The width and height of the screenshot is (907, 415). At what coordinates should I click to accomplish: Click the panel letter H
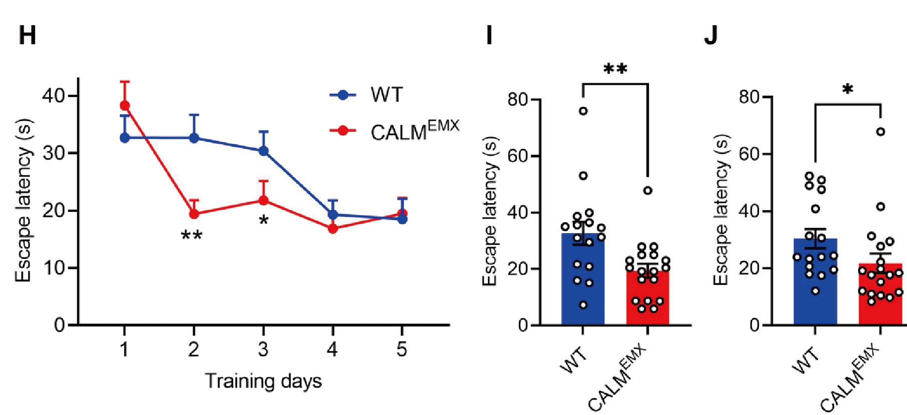pos(27,36)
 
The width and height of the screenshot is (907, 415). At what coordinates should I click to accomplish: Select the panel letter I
pos(490,36)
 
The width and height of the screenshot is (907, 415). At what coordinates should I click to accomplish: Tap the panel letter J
pos(711,36)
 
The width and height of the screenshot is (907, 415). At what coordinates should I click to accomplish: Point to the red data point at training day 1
pos(125,105)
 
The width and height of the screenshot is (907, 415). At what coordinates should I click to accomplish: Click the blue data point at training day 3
pos(263,151)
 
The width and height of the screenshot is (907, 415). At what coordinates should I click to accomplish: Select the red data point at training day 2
pos(194,214)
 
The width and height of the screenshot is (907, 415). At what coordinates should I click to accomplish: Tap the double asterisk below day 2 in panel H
pos(191,235)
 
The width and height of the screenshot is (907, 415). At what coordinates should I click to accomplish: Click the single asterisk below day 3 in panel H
pos(264,221)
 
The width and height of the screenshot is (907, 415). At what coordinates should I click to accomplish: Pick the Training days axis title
pos(263,381)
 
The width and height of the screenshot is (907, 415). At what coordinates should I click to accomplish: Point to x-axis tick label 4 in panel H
pos(332,349)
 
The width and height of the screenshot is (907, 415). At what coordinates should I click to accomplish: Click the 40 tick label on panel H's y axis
pos(53,96)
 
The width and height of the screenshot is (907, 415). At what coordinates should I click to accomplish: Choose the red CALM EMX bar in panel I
pos(647,301)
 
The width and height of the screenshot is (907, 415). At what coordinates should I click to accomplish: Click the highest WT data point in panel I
pos(583,111)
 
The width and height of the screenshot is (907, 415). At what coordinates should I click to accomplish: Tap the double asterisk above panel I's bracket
pos(615,69)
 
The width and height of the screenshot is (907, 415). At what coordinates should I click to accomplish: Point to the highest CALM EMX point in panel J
pos(880,132)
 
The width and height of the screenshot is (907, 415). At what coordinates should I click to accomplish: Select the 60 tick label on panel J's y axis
pos(750,154)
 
